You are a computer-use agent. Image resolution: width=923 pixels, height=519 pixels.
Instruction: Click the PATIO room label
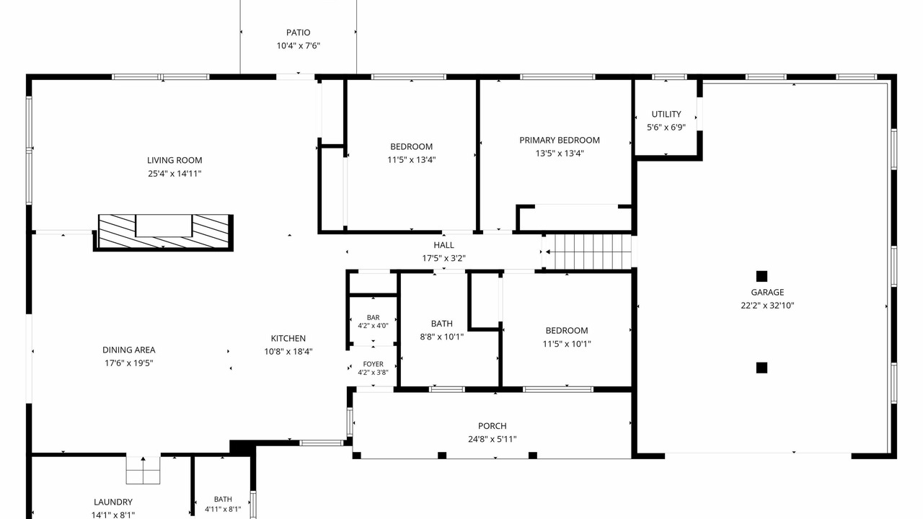pyautogui.click(x=299, y=32)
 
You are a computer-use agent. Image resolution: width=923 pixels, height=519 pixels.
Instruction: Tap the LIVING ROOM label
pyautogui.click(x=175, y=160)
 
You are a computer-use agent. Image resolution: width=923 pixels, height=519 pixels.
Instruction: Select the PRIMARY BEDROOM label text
pyautogui.click(x=560, y=140)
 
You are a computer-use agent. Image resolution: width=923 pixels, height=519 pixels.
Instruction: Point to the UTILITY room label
pyautogui.click(x=666, y=114)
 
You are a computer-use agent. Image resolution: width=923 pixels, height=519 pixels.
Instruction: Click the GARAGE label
pyautogui.click(x=767, y=293)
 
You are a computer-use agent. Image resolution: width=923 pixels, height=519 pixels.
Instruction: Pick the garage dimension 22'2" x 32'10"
pyautogui.click(x=767, y=306)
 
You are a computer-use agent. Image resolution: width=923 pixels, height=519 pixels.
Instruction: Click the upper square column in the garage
pyautogui.click(x=761, y=276)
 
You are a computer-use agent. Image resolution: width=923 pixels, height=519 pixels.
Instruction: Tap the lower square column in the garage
pyautogui.click(x=761, y=368)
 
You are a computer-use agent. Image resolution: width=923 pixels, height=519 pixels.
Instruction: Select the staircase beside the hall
pyautogui.click(x=589, y=252)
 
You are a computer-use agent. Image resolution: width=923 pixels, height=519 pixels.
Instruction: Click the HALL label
pyautogui.click(x=443, y=245)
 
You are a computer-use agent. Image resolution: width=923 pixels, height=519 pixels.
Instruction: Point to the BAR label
pyautogui.click(x=374, y=318)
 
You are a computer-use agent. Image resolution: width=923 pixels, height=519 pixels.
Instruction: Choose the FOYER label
pyautogui.click(x=374, y=364)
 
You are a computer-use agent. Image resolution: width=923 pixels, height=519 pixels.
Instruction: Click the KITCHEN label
pyautogui.click(x=288, y=339)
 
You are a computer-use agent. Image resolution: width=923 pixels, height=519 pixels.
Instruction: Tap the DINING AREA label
pyautogui.click(x=129, y=350)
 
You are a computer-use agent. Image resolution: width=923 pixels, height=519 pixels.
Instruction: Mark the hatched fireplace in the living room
pyautogui.click(x=164, y=232)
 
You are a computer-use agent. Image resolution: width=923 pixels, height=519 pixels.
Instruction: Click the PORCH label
pyautogui.click(x=493, y=426)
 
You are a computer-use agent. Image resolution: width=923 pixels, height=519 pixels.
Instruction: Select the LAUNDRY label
pyautogui.click(x=113, y=502)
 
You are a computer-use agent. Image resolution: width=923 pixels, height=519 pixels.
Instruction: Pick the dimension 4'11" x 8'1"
pyautogui.click(x=223, y=509)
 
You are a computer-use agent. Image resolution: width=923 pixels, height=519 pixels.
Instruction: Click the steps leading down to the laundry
pyautogui.click(x=143, y=470)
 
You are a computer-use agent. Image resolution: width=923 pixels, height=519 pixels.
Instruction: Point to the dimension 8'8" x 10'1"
pyautogui.click(x=442, y=337)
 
